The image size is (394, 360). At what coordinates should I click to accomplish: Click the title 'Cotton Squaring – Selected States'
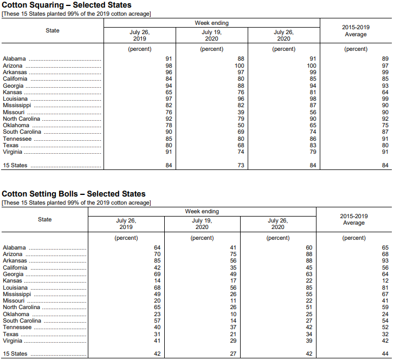[67, 5]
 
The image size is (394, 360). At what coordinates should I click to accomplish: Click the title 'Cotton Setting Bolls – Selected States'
[74, 194]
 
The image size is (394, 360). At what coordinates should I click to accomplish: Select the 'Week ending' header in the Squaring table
[211, 23]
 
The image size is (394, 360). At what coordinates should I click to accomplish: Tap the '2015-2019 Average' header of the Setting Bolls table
[354, 219]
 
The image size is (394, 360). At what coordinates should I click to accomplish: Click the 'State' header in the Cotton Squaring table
[53, 30]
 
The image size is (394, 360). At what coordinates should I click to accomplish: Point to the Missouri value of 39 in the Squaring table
[241, 112]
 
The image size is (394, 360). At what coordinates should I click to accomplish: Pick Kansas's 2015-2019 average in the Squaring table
[385, 92]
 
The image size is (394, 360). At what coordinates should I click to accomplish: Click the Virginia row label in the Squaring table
[14, 152]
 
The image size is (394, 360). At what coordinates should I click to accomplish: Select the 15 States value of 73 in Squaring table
[241, 166]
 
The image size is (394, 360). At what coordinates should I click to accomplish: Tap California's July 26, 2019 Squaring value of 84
[169, 79]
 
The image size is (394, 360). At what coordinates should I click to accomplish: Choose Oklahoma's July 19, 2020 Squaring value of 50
[241, 126]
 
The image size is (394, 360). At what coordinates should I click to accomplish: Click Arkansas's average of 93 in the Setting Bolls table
[385, 261]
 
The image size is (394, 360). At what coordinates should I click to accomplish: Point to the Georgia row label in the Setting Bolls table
[14, 274]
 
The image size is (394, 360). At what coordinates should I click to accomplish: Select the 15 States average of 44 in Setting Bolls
[385, 354]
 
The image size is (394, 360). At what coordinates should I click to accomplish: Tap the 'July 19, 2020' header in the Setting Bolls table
[202, 224]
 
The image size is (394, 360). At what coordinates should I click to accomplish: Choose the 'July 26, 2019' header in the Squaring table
[140, 35]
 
